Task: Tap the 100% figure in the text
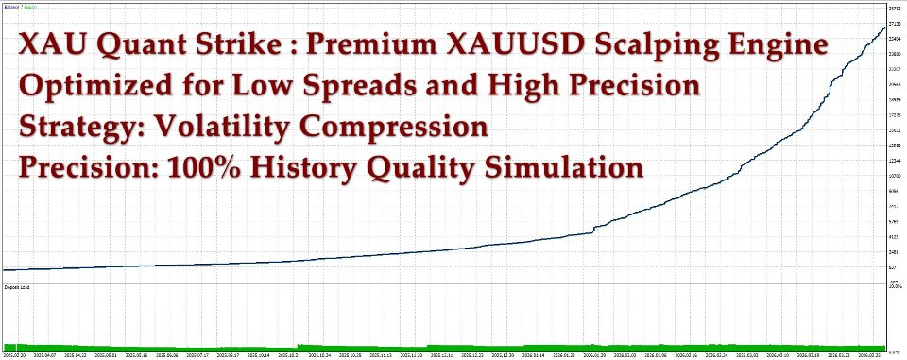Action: tap(204, 169)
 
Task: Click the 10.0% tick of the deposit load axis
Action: tap(894, 285)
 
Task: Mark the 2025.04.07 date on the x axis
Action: tap(44, 355)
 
